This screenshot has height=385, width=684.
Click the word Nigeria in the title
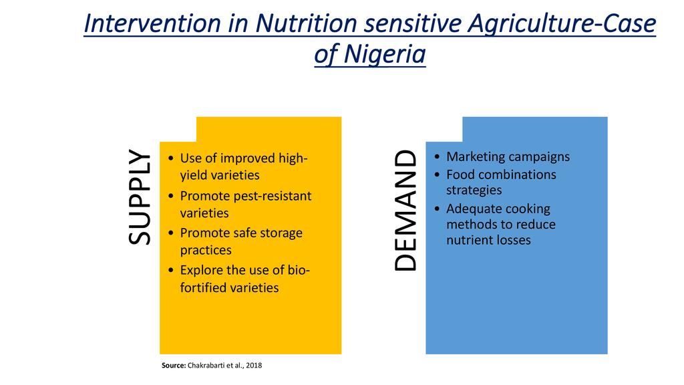(x=384, y=55)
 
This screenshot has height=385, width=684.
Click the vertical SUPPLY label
(x=140, y=197)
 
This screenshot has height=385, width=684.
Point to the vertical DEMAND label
(x=405, y=211)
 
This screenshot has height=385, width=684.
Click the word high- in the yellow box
(x=293, y=158)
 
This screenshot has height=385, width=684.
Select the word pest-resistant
(x=273, y=197)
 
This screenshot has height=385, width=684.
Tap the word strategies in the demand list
(x=474, y=190)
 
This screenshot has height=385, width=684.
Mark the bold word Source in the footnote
(x=174, y=366)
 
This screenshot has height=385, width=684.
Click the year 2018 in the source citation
(x=254, y=366)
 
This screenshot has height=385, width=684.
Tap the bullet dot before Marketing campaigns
(x=437, y=157)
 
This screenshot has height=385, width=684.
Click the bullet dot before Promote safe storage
(x=171, y=233)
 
